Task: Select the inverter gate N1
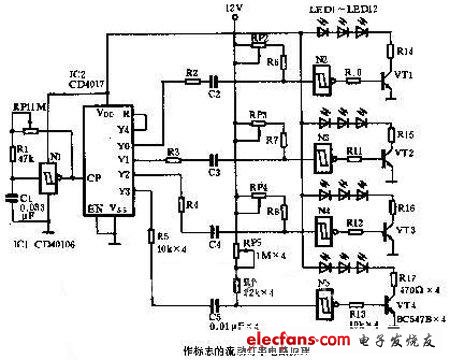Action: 46,181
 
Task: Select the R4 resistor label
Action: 191,205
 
